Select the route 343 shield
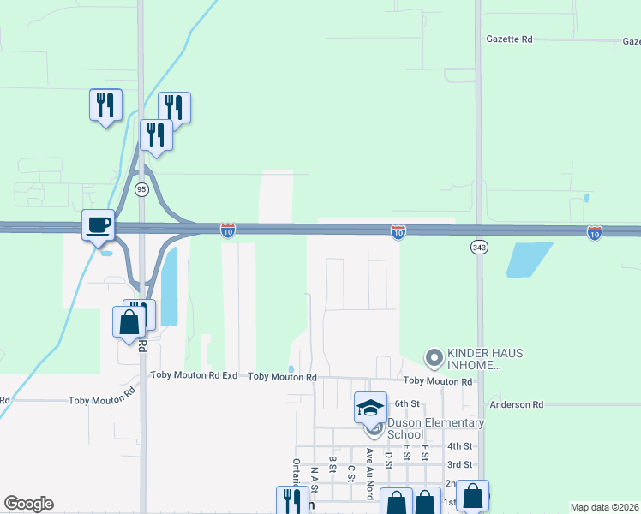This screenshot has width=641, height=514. [x=479, y=247]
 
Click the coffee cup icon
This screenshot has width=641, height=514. [x=99, y=224]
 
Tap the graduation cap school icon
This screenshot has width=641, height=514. [x=371, y=406]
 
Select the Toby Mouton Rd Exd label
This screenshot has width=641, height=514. [x=194, y=375]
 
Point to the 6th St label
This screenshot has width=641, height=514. [x=406, y=403]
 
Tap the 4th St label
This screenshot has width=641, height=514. [x=459, y=446]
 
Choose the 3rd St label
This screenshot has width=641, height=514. [x=459, y=464]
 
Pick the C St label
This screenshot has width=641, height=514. [x=351, y=473]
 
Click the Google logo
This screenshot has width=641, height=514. [x=28, y=504]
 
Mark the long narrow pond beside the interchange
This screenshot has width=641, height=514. [x=169, y=286]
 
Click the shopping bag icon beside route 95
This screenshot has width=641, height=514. [x=129, y=323]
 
